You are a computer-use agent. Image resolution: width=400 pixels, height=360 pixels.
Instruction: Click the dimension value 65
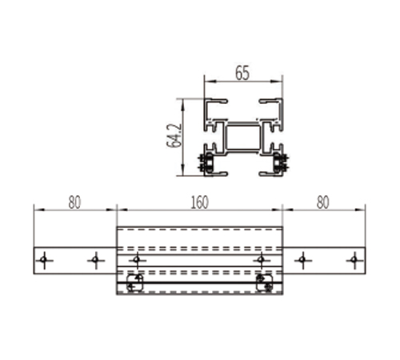(x=242, y=73)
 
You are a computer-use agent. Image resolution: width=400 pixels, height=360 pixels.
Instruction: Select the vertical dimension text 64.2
(x=174, y=135)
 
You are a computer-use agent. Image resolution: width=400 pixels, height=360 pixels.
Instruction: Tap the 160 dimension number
(x=199, y=202)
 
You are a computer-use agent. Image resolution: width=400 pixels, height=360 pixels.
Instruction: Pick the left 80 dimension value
(x=74, y=202)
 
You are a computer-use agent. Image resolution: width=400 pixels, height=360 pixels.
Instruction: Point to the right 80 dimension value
(x=323, y=202)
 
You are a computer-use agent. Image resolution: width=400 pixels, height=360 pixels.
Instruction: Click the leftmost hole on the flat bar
(x=44, y=259)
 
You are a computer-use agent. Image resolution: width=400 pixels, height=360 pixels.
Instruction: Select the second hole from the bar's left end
(x=95, y=259)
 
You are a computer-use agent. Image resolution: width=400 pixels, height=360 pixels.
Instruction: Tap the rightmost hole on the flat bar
(x=354, y=259)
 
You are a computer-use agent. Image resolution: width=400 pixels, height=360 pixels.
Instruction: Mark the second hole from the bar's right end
(x=302, y=259)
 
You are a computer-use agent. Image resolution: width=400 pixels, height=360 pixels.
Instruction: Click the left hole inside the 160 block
(x=137, y=259)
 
